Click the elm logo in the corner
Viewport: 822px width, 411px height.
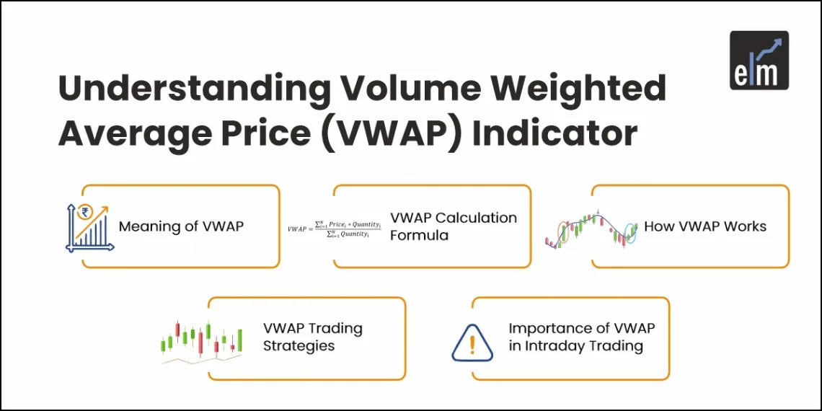[759, 61]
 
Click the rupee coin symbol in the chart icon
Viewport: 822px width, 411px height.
[87, 212]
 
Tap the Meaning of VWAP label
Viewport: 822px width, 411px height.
[181, 226]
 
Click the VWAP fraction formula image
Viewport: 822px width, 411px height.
[334, 228]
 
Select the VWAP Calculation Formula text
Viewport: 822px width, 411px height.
[454, 226]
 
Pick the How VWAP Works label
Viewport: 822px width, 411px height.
[704, 226]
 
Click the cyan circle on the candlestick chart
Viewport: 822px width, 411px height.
[631, 232]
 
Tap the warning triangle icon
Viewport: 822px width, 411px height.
[472, 343]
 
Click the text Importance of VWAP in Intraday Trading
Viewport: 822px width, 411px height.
[581, 337]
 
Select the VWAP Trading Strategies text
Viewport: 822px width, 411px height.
[312, 337]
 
